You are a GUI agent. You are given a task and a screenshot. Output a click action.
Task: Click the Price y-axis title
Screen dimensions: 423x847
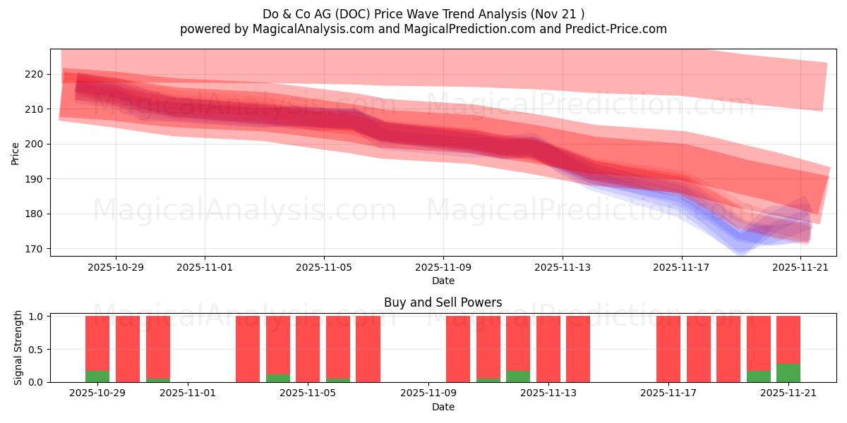click(x=16, y=153)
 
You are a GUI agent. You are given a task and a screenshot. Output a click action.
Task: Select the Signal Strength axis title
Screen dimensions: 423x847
click(x=18, y=348)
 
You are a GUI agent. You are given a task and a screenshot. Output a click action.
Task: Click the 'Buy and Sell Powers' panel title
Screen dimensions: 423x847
click(x=443, y=302)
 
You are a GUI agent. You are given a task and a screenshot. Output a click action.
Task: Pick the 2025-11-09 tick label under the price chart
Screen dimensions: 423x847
click(x=443, y=267)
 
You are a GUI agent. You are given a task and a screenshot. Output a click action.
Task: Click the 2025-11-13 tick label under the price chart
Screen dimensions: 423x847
click(x=563, y=267)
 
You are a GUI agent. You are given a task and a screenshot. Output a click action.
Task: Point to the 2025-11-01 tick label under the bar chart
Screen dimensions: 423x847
click(x=188, y=393)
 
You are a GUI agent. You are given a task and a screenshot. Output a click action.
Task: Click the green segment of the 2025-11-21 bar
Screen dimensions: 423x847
click(x=788, y=373)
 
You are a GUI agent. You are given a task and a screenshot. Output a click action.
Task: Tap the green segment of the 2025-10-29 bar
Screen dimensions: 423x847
click(x=97, y=376)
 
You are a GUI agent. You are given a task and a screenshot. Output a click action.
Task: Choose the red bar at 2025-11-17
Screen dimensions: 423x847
click(x=668, y=349)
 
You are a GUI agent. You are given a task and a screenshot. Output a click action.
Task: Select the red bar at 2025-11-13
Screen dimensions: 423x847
click(x=548, y=349)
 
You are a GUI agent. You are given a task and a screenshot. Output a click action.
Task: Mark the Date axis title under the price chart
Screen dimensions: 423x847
click(x=443, y=281)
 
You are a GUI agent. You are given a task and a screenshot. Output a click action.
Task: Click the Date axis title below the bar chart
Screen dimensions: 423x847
click(x=443, y=407)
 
